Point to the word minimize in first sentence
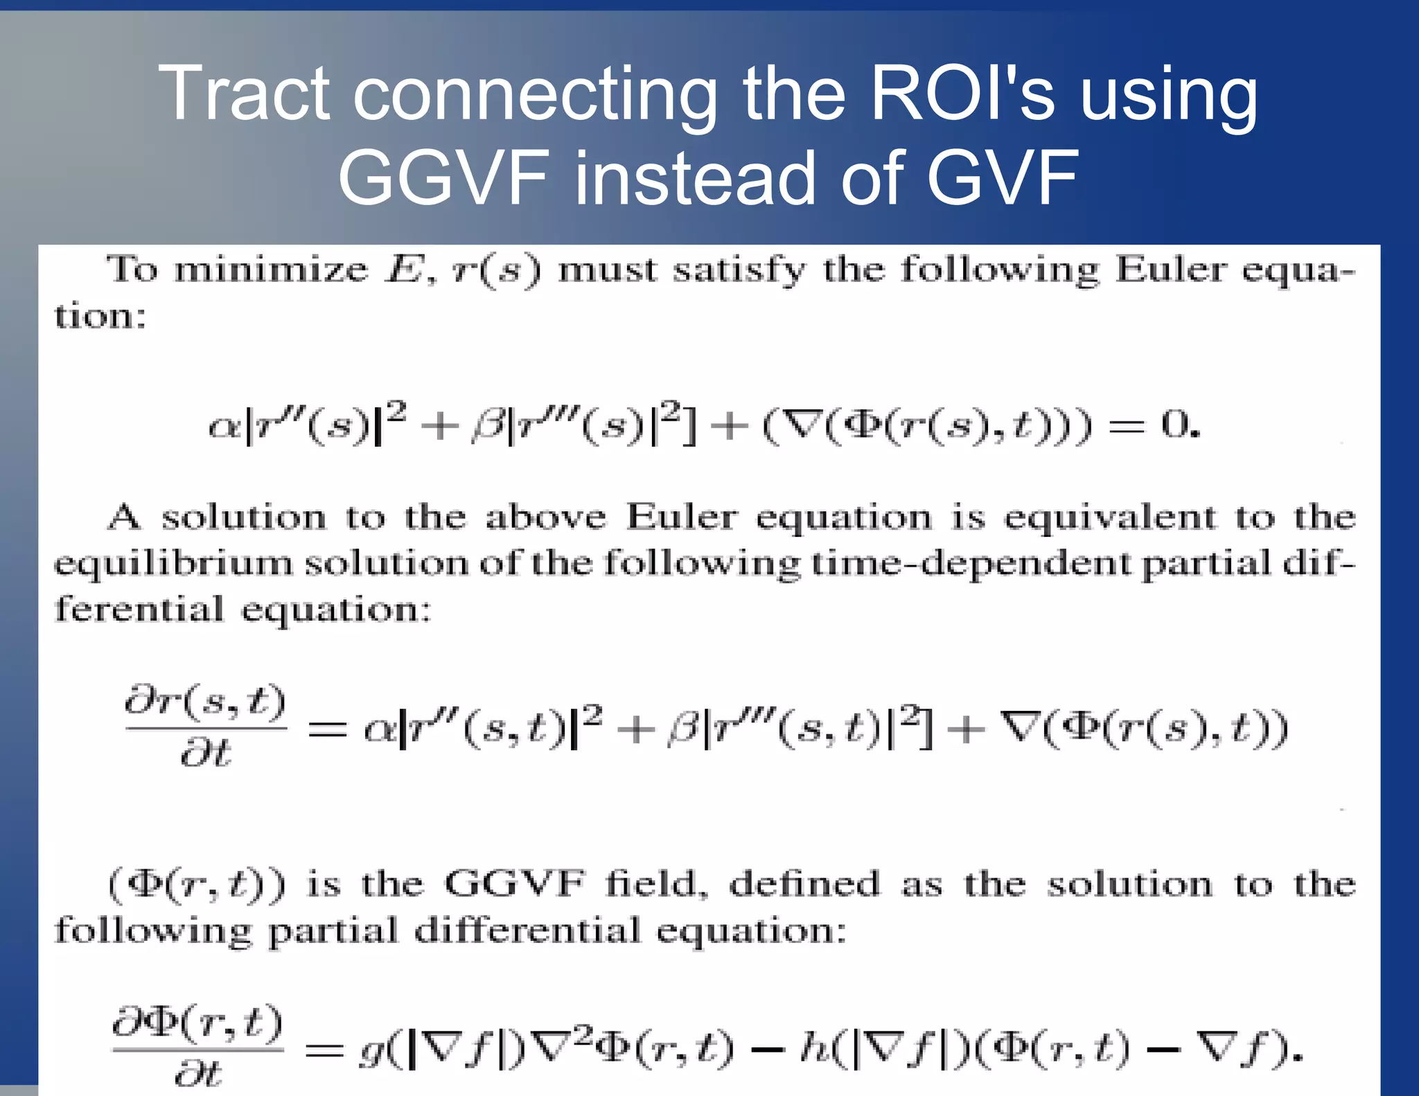pos(271,269)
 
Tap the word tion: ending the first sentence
pos(100,317)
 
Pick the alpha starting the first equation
pos(223,427)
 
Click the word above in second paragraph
pos(545,518)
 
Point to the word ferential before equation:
pos(139,610)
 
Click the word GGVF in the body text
pos(515,885)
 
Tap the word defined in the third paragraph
pos(804,885)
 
